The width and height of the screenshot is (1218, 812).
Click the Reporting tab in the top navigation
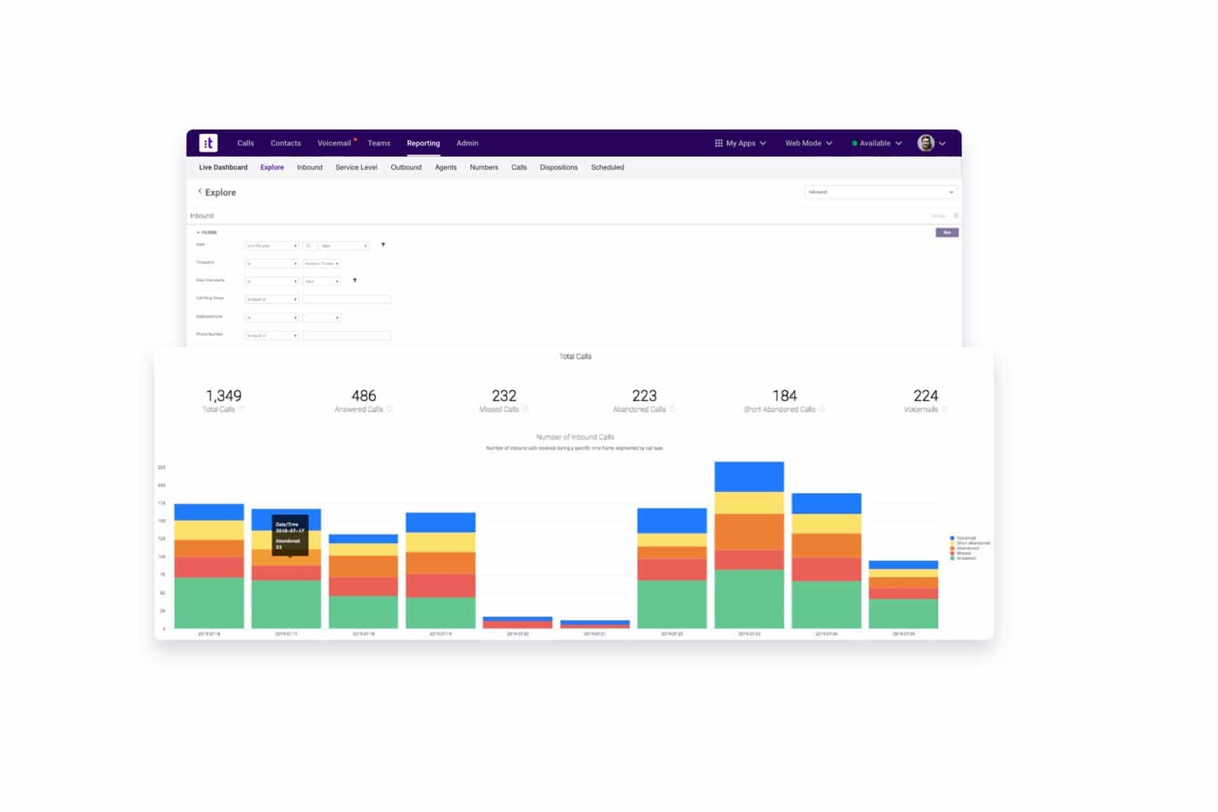(x=423, y=143)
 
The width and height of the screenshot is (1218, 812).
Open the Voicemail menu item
(x=334, y=143)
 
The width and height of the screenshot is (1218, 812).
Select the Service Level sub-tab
(x=356, y=167)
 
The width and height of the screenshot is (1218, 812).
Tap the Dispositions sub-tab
(x=558, y=167)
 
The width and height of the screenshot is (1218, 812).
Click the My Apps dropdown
(x=740, y=143)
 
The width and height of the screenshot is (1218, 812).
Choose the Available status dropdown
(x=876, y=143)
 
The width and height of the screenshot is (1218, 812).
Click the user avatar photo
(x=925, y=143)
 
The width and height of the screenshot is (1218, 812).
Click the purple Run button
(x=946, y=232)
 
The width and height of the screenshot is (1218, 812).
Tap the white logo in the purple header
(x=208, y=143)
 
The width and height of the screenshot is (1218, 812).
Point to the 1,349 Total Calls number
(x=223, y=395)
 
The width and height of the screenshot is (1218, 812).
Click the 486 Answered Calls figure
(x=363, y=395)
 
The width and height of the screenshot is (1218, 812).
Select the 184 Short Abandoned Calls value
(x=784, y=395)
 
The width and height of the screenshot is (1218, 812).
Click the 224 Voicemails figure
(x=925, y=395)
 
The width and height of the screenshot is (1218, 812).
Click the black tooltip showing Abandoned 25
(x=290, y=535)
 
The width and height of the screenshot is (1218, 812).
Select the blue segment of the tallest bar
(x=748, y=477)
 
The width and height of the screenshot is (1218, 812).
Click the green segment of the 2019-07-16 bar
(x=209, y=602)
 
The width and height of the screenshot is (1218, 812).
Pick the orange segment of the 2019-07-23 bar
(x=748, y=532)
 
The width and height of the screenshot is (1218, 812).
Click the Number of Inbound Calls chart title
(x=575, y=437)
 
